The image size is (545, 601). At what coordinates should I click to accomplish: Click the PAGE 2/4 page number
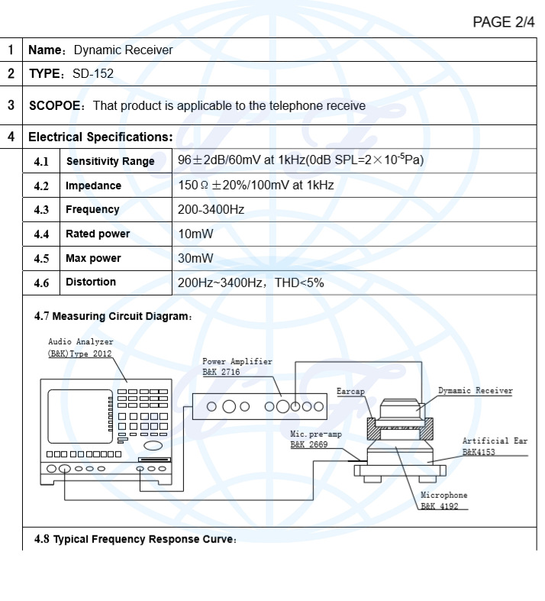[x=504, y=23]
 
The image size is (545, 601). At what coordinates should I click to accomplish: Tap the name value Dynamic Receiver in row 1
[x=123, y=50]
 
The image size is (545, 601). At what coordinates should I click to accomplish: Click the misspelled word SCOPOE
[x=55, y=106]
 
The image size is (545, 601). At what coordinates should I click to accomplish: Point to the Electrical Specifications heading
[x=100, y=137]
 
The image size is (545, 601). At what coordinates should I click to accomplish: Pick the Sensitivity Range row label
[x=110, y=161]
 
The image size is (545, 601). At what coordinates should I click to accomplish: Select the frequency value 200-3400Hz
[x=211, y=209]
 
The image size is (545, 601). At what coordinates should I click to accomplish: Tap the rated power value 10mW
[x=195, y=234]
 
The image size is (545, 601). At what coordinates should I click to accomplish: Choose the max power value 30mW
[x=195, y=258]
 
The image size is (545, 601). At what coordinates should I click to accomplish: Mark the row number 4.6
[x=41, y=283]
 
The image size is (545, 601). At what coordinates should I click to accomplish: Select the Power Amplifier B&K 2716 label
[x=237, y=366]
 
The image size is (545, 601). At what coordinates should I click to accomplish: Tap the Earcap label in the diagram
[x=350, y=391]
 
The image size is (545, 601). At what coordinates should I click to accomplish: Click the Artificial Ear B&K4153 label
[x=494, y=446]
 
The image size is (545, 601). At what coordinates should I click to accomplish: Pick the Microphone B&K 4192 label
[x=443, y=501]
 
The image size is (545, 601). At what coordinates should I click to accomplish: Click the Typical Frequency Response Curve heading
[x=135, y=540]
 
